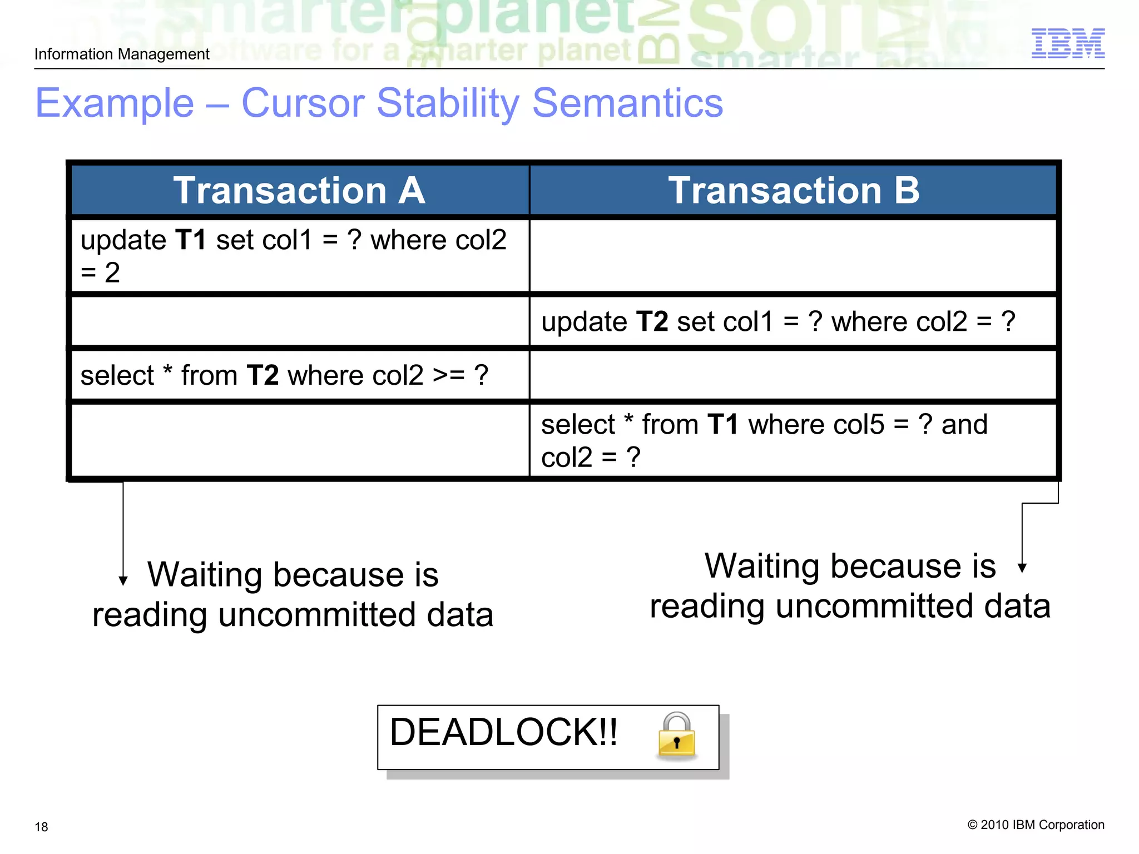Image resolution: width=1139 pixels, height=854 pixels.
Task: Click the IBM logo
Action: (1067, 43)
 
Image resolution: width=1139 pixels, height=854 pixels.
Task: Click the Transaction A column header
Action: (299, 190)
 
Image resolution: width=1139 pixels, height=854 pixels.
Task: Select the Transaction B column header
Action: (793, 190)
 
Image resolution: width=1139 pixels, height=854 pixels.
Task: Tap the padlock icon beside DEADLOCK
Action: (676, 737)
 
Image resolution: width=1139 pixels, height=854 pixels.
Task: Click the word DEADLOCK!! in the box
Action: (503, 732)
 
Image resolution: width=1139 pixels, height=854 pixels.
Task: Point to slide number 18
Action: (41, 827)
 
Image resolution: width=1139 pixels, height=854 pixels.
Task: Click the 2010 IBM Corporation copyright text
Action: (1036, 825)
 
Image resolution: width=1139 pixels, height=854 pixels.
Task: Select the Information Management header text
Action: (122, 54)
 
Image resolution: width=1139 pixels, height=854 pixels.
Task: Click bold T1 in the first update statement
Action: (190, 240)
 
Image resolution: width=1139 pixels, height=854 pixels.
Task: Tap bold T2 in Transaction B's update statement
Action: (651, 322)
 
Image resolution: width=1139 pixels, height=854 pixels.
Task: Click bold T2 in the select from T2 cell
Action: (262, 375)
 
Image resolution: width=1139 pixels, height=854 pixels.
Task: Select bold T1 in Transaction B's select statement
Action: (722, 425)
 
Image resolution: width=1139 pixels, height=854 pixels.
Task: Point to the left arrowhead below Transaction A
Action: (123, 580)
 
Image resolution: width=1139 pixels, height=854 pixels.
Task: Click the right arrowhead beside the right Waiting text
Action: (1022, 568)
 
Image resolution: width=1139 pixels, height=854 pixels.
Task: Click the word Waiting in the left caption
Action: (204, 575)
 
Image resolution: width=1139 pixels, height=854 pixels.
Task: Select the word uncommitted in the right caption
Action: (874, 606)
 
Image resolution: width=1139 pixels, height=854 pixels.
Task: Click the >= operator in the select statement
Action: (449, 375)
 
